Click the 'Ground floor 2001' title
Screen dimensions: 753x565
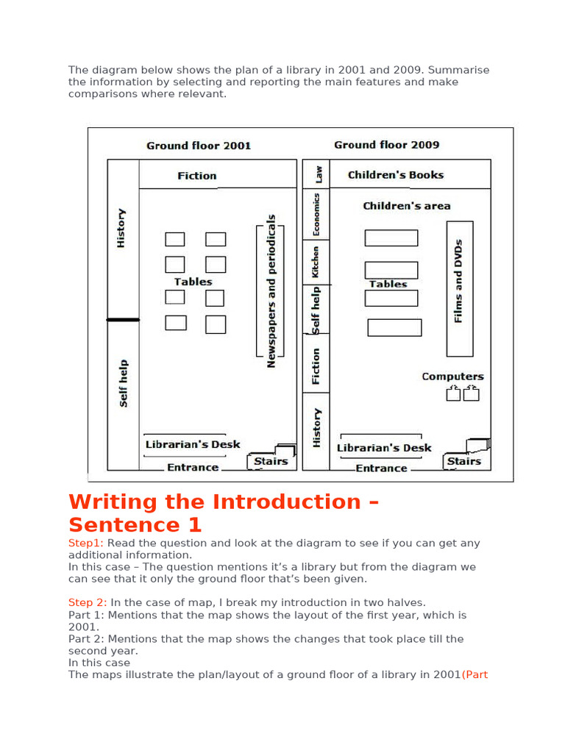pyautogui.click(x=199, y=146)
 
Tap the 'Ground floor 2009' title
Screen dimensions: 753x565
pyautogui.click(x=387, y=145)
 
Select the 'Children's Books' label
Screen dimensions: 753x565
pyautogui.click(x=396, y=175)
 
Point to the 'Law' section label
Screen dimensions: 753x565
pyautogui.click(x=318, y=174)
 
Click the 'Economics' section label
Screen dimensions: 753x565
pyautogui.click(x=316, y=214)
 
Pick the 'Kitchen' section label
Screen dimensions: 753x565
pyautogui.click(x=316, y=262)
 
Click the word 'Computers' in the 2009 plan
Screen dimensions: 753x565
pyautogui.click(x=452, y=376)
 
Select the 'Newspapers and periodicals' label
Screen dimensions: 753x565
pyautogui.click(x=271, y=291)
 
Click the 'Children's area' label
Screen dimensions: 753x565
pyautogui.click(x=406, y=206)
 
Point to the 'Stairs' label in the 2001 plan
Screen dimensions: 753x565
pyautogui.click(x=271, y=462)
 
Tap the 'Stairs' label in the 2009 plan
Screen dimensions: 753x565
pyautogui.click(x=464, y=462)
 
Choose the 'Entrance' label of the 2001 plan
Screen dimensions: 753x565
pyautogui.click(x=193, y=468)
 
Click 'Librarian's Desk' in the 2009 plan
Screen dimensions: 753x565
pyautogui.click(x=384, y=448)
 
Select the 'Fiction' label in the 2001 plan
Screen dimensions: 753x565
pyautogui.click(x=197, y=176)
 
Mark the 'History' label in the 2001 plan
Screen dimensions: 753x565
pyautogui.click(x=121, y=227)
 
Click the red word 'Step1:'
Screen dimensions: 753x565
pyautogui.click(x=86, y=543)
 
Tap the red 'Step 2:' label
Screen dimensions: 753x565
pyautogui.click(x=88, y=603)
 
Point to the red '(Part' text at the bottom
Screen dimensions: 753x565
pyautogui.click(x=475, y=675)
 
